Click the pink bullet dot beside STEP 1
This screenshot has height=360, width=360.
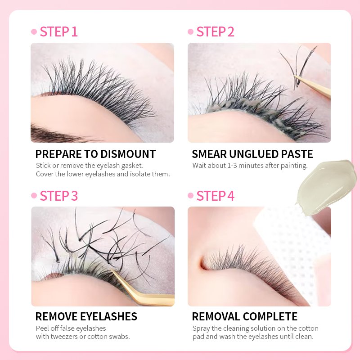coord(34,31)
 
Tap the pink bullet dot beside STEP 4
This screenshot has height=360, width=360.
coord(190,195)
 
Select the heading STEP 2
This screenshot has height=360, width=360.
coord(215,31)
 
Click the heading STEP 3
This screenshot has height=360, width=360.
coord(59,196)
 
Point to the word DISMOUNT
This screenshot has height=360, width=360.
coord(128,154)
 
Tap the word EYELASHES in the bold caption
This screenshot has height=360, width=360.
coord(108,316)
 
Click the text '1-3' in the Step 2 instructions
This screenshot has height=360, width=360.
coord(232,166)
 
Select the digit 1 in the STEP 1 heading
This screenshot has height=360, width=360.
coord(74,31)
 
